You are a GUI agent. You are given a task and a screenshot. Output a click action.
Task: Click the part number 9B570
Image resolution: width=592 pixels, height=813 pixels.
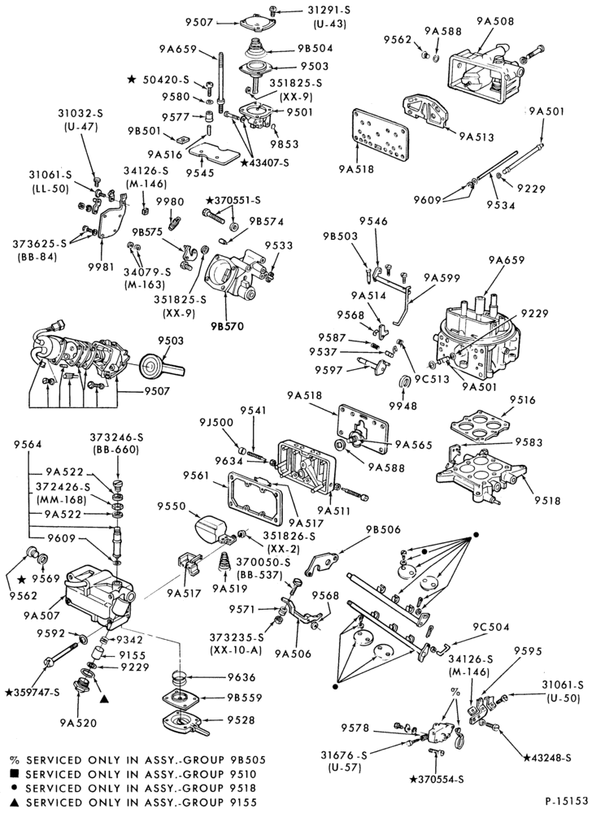227,327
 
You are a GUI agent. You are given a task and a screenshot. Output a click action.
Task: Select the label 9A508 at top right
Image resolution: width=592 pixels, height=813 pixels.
495,21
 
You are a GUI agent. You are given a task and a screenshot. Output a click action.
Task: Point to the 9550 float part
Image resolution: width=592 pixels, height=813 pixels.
211,529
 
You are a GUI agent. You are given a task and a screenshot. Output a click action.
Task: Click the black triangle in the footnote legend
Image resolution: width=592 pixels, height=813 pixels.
15,802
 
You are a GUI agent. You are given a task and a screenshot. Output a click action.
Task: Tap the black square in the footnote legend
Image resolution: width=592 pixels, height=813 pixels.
15,775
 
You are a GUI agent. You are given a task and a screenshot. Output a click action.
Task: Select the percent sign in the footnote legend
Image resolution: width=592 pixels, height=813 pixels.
15,761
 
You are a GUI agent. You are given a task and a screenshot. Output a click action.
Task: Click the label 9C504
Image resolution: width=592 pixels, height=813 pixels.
490,627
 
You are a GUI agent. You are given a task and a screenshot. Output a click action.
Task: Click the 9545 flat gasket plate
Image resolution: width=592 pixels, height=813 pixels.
213,154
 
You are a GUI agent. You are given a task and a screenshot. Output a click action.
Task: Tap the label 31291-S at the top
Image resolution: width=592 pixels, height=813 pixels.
329,11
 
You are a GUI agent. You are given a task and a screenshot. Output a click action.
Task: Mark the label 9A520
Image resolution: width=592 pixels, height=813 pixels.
78,722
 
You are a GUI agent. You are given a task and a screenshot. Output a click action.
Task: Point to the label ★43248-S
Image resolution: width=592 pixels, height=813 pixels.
547,758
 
